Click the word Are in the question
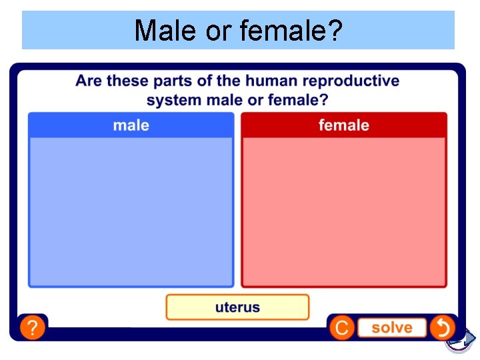click(89, 81)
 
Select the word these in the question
click(128, 81)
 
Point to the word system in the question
click(173, 101)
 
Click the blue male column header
click(131, 125)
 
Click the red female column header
click(343, 125)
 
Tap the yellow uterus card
click(237, 307)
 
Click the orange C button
click(341, 328)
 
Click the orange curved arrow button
click(441, 327)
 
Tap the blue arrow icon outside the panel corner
click(459, 339)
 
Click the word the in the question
click(228, 81)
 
